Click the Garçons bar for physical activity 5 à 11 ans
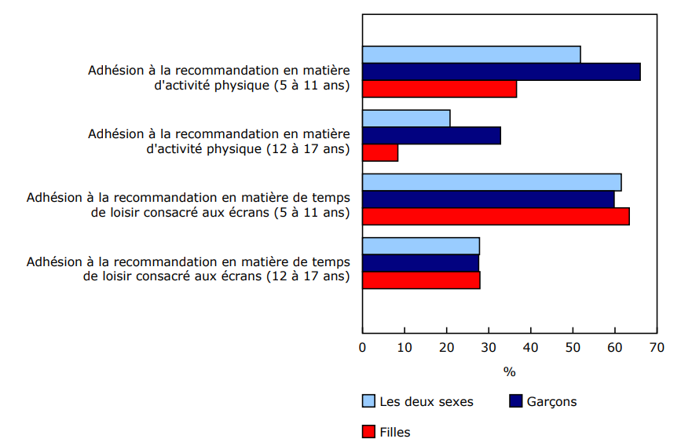(501, 71)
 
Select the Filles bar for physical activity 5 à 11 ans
(439, 89)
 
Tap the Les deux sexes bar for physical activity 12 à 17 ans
(406, 119)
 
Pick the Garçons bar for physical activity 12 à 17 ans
(431, 136)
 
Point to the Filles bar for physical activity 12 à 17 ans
(380, 152)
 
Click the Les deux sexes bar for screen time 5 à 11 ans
(492, 182)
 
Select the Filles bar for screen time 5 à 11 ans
(496, 217)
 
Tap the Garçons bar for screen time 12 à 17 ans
(420, 263)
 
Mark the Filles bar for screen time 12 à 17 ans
(421, 280)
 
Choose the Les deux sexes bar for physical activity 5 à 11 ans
(471, 54)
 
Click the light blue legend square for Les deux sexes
(368, 401)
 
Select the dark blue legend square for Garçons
(516, 401)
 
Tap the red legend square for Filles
(368, 431)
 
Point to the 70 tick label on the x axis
(657, 347)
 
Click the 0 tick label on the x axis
(363, 347)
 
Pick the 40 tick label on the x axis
(531, 347)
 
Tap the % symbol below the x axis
(509, 371)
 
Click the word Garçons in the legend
(551, 402)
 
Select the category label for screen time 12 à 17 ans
(189, 269)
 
